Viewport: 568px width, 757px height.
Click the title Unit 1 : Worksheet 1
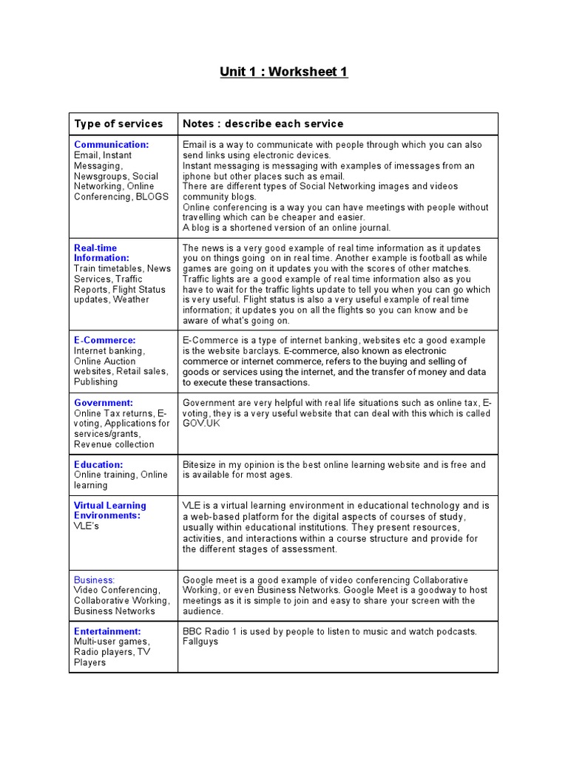coord(283,72)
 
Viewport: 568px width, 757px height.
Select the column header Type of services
coord(118,123)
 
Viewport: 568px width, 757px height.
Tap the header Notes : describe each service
coord(263,123)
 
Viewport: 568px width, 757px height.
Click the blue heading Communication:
coord(111,145)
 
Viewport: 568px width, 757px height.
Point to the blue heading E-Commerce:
coord(104,340)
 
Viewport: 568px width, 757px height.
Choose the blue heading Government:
coord(104,403)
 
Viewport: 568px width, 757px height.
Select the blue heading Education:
coord(98,464)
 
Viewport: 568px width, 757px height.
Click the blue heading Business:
coord(94,580)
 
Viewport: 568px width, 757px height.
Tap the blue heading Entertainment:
coord(107,631)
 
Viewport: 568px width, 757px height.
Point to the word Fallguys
coord(200,642)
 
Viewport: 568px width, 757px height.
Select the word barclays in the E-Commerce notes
coord(258,350)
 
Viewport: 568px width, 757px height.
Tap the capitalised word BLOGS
coord(152,197)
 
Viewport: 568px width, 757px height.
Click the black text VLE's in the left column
coord(87,526)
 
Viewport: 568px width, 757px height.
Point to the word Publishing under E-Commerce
coord(95,381)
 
